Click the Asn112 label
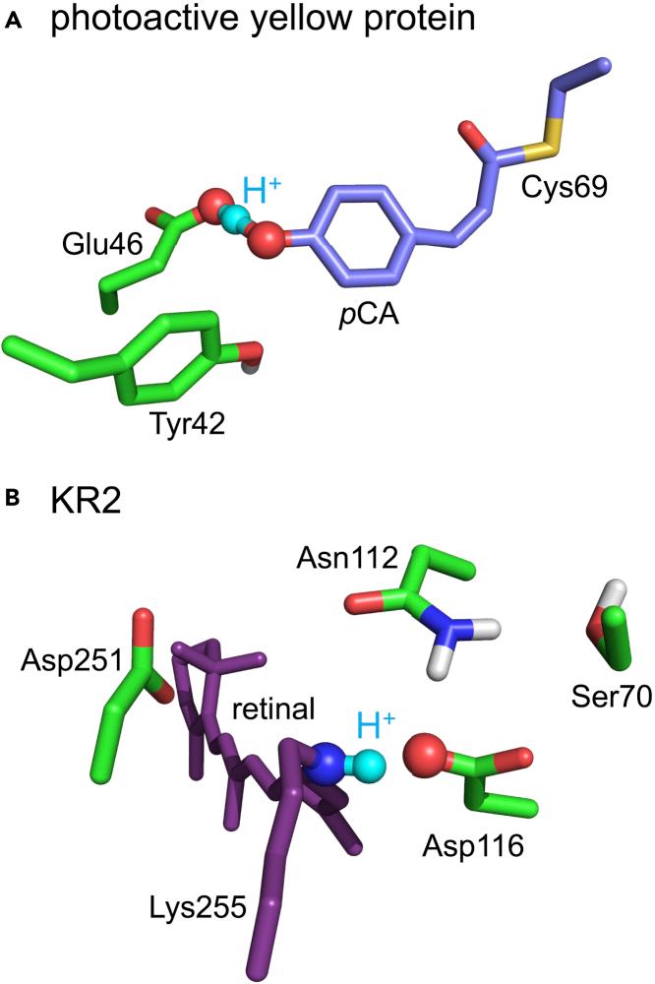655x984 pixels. [346, 558]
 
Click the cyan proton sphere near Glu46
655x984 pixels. [232, 222]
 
